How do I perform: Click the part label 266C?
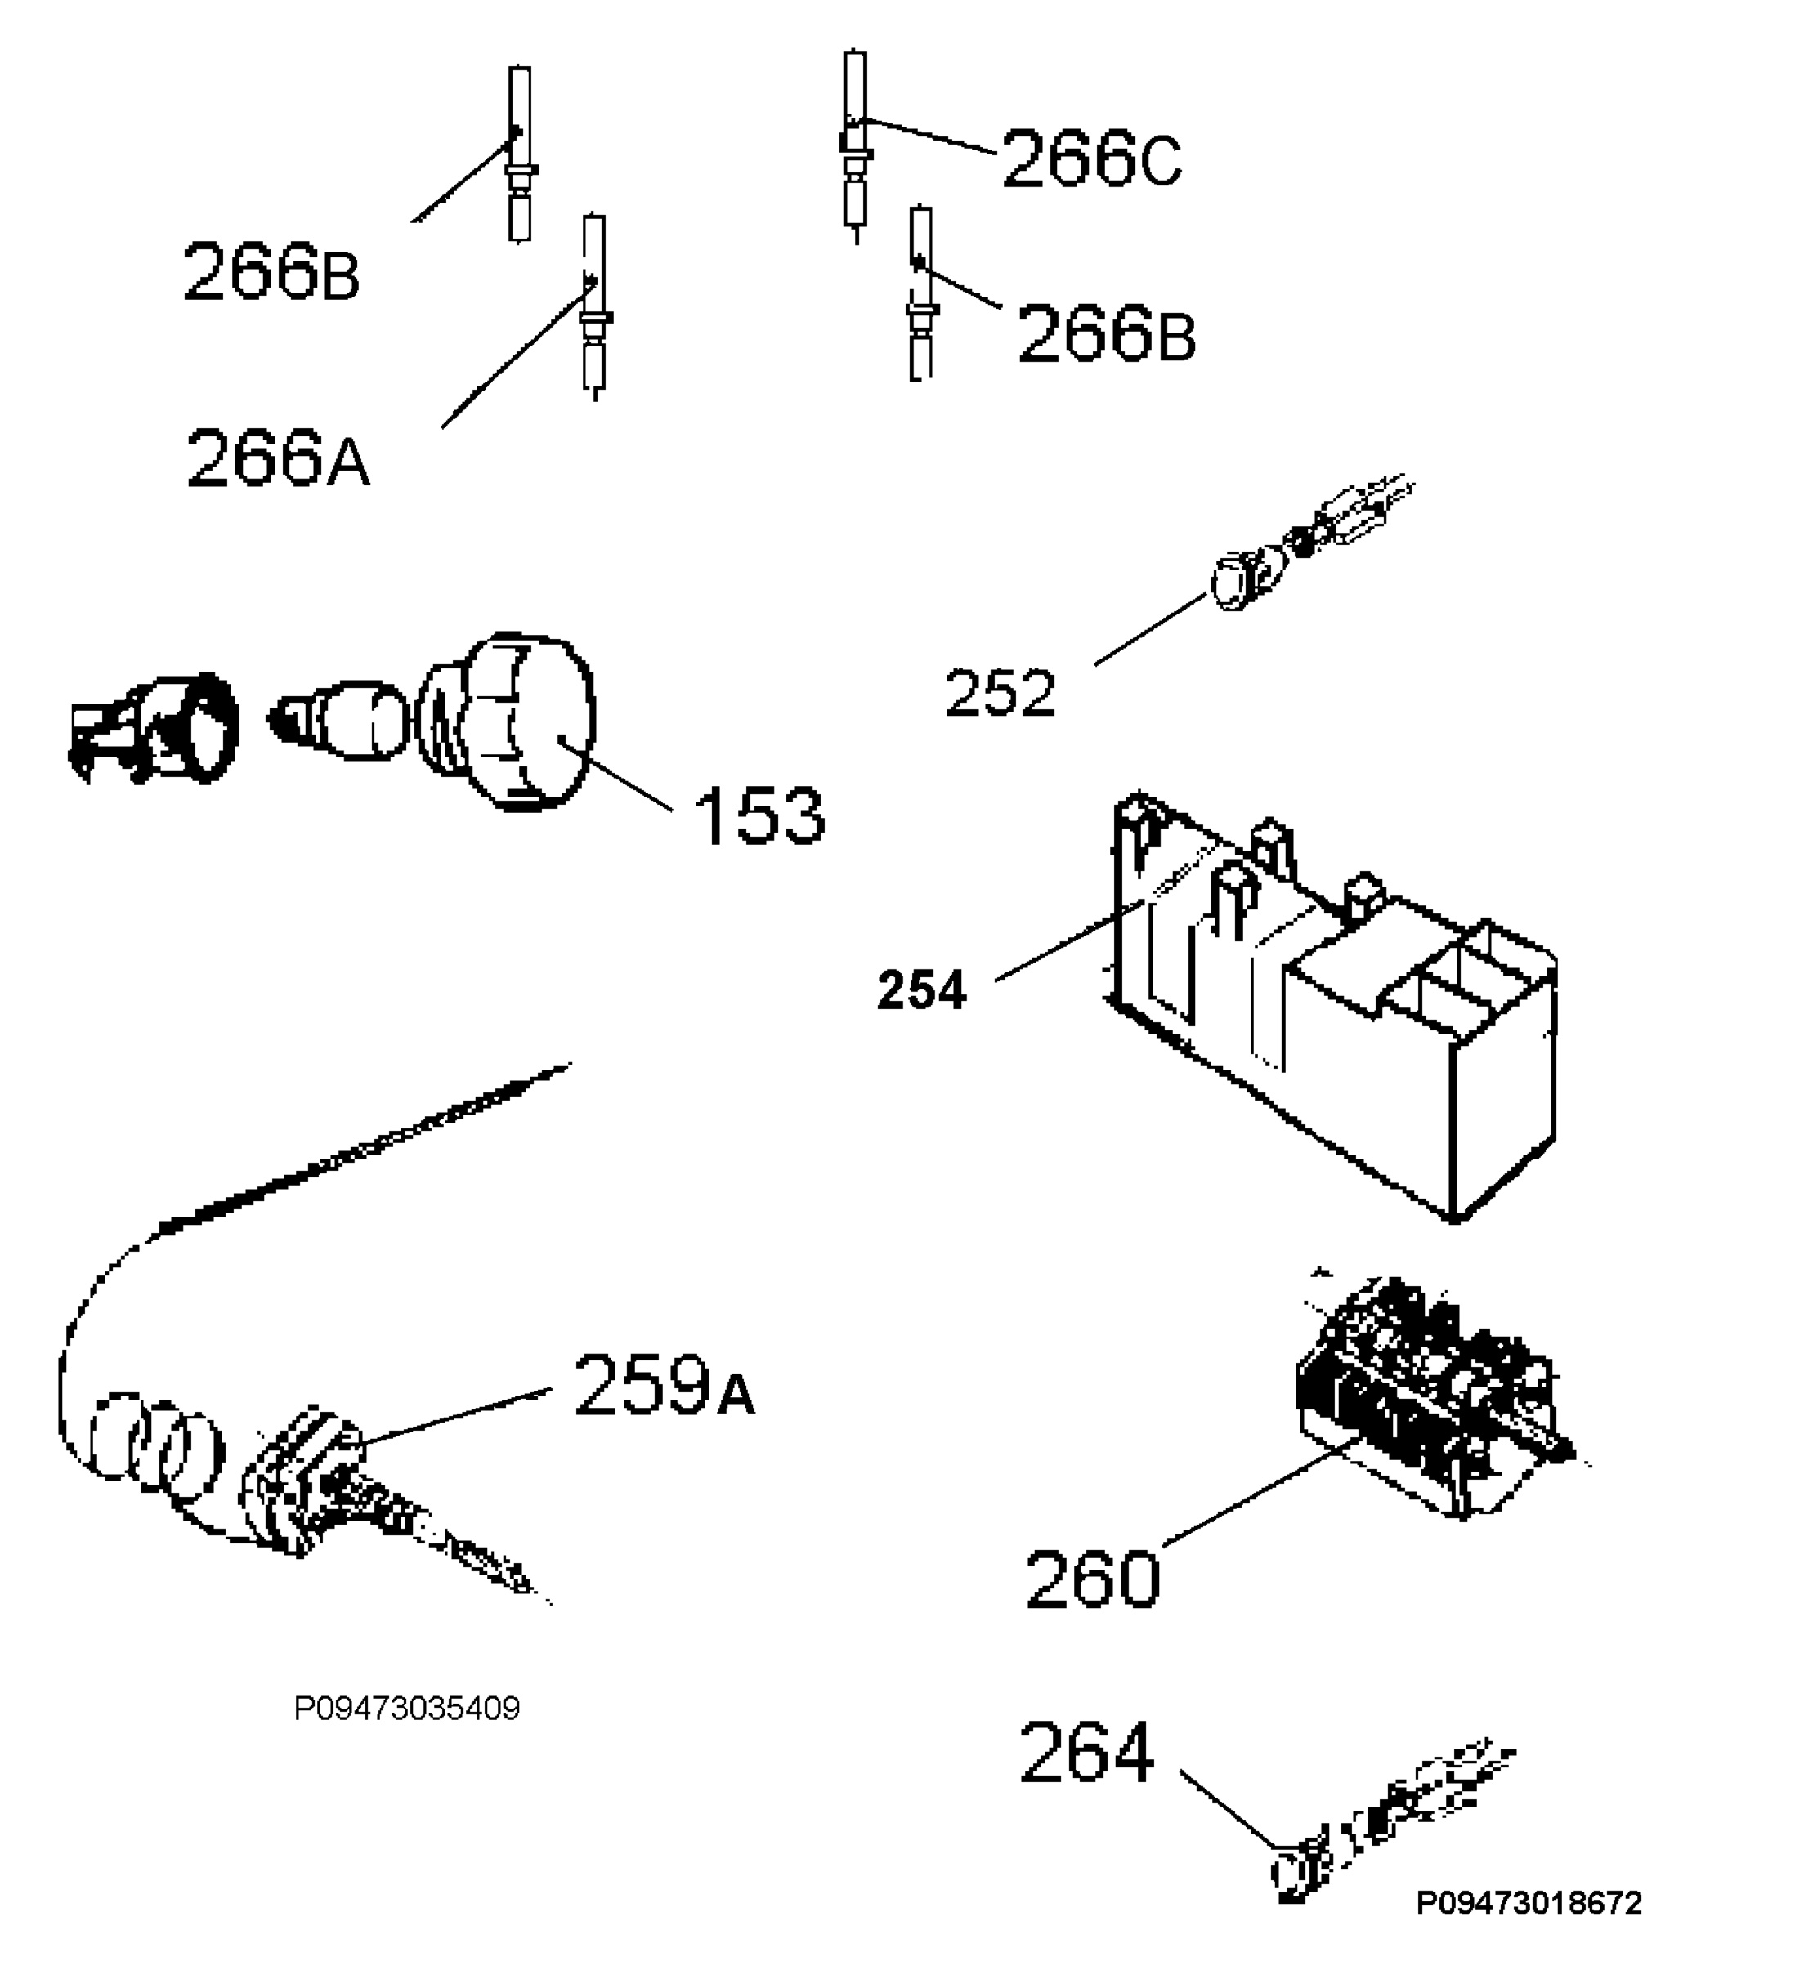(x=1091, y=159)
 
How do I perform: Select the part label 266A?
(x=278, y=458)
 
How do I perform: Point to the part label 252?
(x=1000, y=694)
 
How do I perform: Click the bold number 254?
(x=921, y=991)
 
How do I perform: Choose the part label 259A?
(x=665, y=1385)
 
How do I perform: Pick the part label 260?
(x=1093, y=1579)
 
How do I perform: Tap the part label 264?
(x=1087, y=1753)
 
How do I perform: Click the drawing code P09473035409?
(x=407, y=1708)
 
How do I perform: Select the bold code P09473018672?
(x=1529, y=1903)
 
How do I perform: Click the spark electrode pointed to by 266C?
(x=855, y=146)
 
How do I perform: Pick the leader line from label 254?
(x=1070, y=940)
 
